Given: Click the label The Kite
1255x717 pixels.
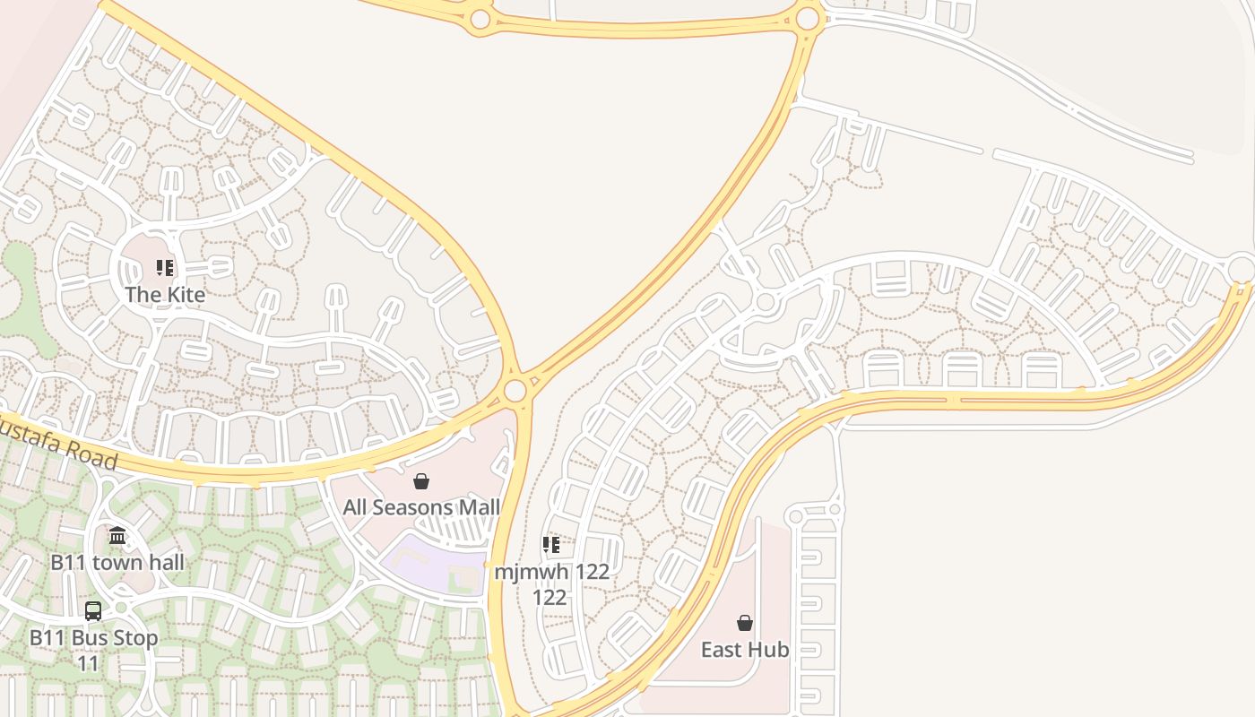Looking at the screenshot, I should (x=165, y=294).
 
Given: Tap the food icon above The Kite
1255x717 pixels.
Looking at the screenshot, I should (x=164, y=268).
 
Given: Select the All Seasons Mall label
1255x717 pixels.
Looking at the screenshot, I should (x=421, y=507).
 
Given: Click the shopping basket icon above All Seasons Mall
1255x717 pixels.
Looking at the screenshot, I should (x=421, y=481).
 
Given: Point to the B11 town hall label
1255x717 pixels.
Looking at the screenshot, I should (x=117, y=562).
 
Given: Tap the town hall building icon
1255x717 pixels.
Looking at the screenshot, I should (x=117, y=536).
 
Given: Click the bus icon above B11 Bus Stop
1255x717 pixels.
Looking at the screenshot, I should (x=93, y=611).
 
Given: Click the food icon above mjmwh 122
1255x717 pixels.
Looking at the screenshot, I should (x=551, y=545).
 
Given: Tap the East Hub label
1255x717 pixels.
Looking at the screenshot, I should (x=745, y=649).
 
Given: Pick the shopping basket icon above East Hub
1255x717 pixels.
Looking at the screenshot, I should (x=745, y=623).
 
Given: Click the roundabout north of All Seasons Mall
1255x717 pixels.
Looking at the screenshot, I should (x=515, y=391).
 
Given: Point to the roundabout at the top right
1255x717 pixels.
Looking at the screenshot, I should (x=808, y=18).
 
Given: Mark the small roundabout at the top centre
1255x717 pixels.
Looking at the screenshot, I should (x=480, y=19).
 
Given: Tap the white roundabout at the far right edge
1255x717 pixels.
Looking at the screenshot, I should (x=1242, y=267).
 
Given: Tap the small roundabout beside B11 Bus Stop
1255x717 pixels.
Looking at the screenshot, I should (x=121, y=607).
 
